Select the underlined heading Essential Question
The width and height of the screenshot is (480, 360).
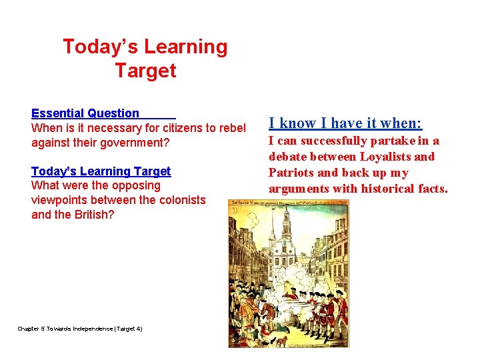coord(85,113)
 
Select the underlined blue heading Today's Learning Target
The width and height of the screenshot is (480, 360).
coord(101,171)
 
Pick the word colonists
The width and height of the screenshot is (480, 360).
coord(181,200)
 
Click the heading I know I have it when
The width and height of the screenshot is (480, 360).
coord(345,123)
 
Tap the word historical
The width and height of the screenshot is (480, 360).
coord(393,189)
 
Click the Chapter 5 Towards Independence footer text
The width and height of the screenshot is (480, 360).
coord(79,328)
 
